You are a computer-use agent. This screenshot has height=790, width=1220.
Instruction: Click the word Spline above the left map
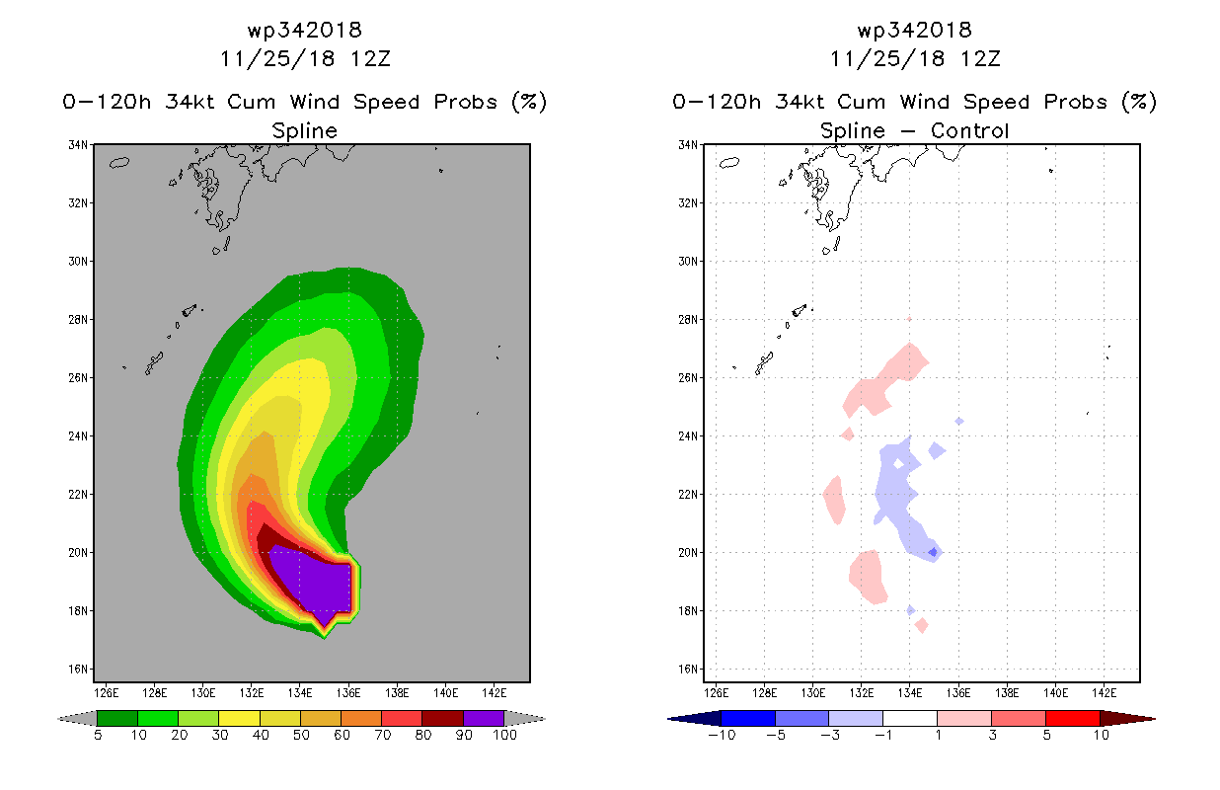coord(304,131)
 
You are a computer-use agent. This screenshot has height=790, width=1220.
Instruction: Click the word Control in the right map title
coord(969,130)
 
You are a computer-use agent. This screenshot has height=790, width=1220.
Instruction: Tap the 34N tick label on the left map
coord(77,145)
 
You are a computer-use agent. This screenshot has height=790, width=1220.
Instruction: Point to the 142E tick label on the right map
coord(1104,693)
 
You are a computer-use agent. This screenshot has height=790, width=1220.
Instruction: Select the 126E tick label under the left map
coord(106,693)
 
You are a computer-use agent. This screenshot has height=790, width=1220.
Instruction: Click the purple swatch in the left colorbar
coord(484,718)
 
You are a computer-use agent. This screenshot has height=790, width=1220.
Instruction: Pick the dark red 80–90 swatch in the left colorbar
coord(443,718)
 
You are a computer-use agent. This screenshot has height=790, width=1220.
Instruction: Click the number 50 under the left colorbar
coord(301,735)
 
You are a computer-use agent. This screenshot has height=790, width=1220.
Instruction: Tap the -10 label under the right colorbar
coord(722,735)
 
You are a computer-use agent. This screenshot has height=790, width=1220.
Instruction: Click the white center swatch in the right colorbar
coord(909,718)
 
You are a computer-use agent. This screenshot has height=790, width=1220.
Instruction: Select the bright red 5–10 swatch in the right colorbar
coord(1072,718)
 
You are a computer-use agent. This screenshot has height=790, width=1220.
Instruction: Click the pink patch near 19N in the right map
coord(867,578)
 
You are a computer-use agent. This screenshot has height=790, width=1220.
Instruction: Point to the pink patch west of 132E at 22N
coord(834,500)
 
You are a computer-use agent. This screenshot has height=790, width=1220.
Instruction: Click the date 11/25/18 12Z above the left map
coord(305,59)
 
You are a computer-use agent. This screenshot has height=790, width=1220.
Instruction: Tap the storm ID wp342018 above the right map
coord(915,30)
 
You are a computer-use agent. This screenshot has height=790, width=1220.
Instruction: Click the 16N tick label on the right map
coord(687,670)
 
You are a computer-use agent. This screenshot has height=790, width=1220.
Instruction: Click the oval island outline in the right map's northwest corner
coord(729,162)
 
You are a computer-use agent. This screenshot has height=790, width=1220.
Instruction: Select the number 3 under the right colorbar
coord(992,735)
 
